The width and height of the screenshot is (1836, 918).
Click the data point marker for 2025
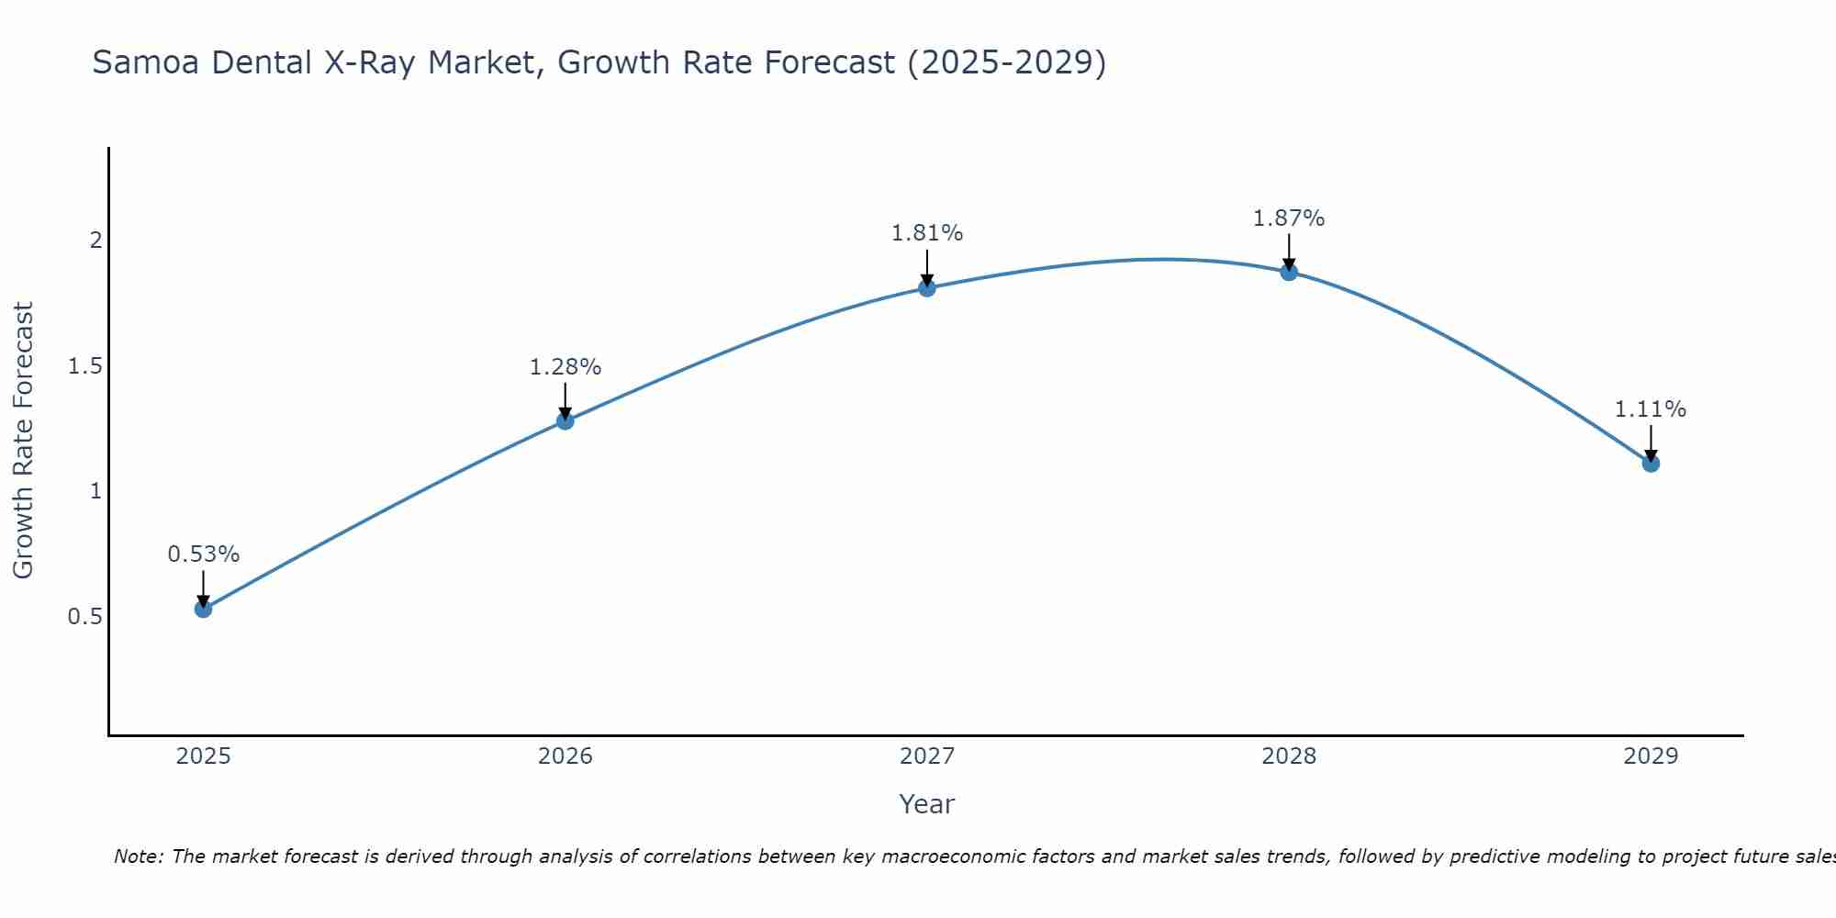click(204, 609)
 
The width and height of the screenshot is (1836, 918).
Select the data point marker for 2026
click(565, 420)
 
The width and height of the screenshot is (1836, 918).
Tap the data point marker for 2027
click(927, 287)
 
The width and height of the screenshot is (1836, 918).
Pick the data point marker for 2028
click(1289, 272)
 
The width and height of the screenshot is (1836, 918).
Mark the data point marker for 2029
click(1651, 464)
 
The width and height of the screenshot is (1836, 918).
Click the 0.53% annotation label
click(204, 554)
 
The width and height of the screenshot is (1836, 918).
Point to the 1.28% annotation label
click(565, 367)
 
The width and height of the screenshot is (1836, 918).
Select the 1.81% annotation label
click(927, 233)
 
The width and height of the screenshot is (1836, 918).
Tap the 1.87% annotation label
click(1289, 218)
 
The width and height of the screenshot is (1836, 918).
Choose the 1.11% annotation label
click(1651, 409)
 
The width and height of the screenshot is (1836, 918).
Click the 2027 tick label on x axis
click(927, 756)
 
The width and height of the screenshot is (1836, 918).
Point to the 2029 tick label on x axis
click(1651, 756)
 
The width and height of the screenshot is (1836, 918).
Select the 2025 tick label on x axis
click(204, 756)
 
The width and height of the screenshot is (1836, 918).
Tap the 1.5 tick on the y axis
click(84, 366)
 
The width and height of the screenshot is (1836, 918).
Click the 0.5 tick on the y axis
click(84, 616)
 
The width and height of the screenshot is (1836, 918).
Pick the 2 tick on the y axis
click(95, 241)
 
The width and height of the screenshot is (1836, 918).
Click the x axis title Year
click(927, 804)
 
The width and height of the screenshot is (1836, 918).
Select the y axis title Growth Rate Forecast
click(24, 441)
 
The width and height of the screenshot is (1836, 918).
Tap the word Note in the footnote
click(138, 856)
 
